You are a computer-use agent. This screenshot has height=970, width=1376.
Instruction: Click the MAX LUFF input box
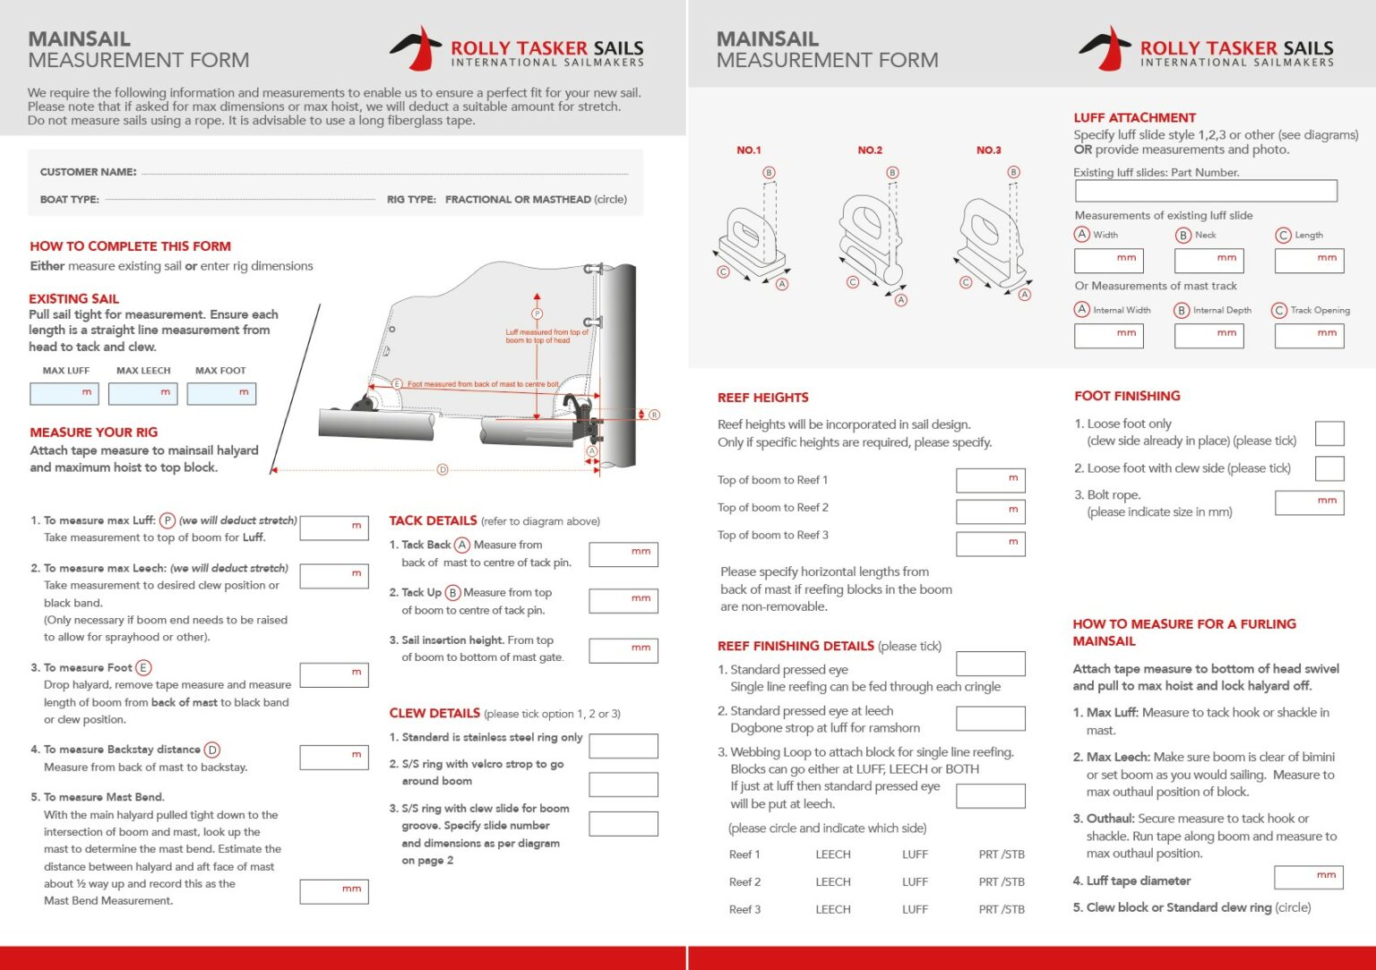pos(64,394)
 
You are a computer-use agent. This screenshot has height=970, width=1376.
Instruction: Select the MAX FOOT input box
pos(221,394)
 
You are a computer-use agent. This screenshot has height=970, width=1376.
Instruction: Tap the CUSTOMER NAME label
pos(88,172)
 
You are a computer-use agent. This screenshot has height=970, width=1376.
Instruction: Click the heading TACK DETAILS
pos(433,520)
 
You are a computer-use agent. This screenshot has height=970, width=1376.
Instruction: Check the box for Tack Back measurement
pos(623,554)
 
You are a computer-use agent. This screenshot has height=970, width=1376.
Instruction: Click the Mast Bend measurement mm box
pos(334,891)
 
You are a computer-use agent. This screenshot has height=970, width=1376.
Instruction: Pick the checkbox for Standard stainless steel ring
pos(623,745)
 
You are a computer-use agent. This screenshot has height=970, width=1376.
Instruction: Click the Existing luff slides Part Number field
pos(1205,191)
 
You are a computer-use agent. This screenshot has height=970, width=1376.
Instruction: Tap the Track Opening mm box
pos(1309,336)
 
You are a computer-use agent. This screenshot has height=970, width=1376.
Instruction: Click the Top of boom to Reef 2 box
pos(990,511)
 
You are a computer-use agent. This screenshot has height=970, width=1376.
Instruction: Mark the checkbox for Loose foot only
pos(1329,433)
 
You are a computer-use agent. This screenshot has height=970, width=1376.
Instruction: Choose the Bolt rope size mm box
pos(1309,502)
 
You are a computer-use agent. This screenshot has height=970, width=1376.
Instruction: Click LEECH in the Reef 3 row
pos(833,909)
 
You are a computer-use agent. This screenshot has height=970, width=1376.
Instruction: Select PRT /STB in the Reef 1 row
pos(1002,854)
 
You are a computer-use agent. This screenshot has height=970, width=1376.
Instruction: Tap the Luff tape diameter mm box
pos(1308,877)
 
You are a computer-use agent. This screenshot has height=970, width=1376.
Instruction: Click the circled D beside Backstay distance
pos(212,750)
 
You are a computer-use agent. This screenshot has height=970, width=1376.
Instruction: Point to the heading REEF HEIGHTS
pos(762,398)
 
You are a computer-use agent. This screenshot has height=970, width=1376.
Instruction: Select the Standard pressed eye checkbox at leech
pos(990,718)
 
